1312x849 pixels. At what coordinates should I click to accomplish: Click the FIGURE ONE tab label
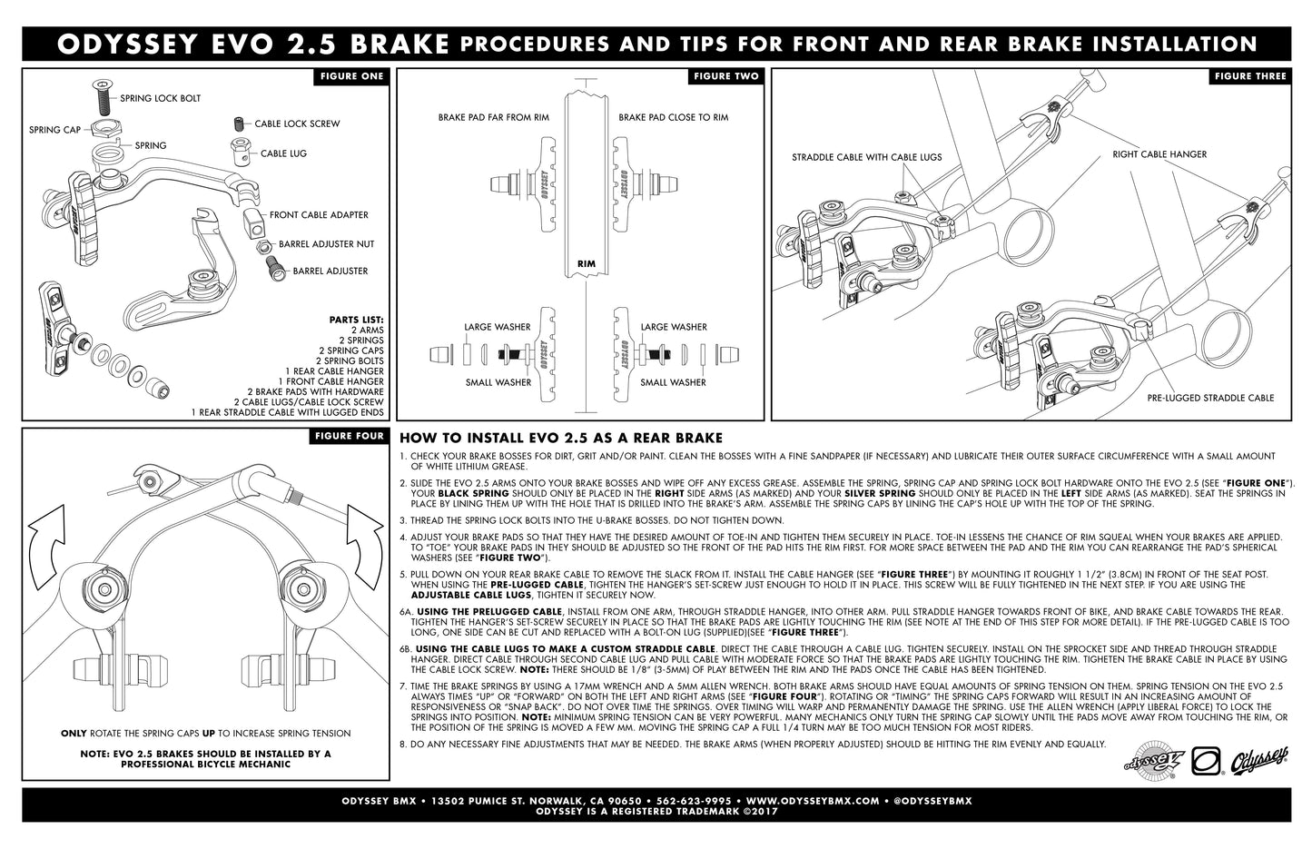[x=351, y=76]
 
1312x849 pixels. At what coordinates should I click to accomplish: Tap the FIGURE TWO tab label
[x=725, y=76]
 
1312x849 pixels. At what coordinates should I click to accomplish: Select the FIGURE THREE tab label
[x=1250, y=76]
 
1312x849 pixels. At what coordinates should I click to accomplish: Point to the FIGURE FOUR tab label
[x=350, y=436]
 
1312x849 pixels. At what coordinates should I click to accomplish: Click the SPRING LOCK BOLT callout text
[x=161, y=98]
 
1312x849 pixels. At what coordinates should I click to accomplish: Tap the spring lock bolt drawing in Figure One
[x=102, y=94]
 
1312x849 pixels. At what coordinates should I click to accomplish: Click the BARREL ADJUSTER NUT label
[x=326, y=244]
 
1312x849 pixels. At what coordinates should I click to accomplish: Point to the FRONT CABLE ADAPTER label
[x=319, y=215]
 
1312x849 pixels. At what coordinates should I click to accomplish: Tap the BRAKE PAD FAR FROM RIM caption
[x=493, y=117]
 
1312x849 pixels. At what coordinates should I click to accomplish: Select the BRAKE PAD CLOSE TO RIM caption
[x=673, y=117]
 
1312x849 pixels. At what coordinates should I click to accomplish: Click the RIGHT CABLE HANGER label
[x=1159, y=154]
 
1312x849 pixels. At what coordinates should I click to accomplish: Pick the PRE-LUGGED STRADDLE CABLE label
[x=1210, y=398]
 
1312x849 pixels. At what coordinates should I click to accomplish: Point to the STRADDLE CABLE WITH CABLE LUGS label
[x=866, y=157]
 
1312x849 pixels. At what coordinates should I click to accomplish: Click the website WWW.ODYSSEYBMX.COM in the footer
[x=813, y=801]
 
